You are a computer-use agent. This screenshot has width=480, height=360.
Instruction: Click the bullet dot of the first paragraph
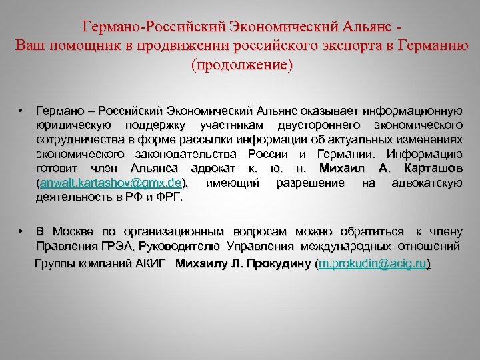point(22,110)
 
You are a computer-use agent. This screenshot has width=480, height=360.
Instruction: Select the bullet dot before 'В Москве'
point(22,232)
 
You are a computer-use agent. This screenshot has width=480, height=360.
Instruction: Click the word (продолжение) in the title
point(241,65)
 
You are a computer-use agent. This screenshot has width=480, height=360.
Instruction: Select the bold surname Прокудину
point(277,264)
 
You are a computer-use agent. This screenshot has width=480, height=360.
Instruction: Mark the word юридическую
point(73,125)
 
